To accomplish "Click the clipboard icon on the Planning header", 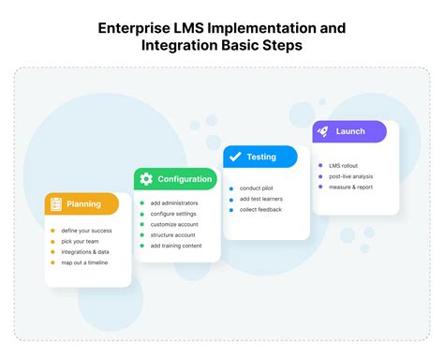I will click(x=55, y=203).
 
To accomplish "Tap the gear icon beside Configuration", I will click(x=145, y=179).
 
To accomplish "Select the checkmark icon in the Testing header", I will click(x=235, y=157).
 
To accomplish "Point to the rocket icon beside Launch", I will click(x=323, y=132).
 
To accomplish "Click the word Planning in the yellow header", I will click(x=84, y=203).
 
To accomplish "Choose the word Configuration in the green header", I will click(x=185, y=179).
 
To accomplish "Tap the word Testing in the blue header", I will click(x=261, y=157).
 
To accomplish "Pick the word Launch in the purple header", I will click(x=350, y=132).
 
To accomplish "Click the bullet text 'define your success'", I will click(x=86, y=231).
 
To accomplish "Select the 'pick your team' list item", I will click(x=81, y=241).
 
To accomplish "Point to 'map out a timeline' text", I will click(x=85, y=262).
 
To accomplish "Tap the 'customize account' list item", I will click(x=173, y=225).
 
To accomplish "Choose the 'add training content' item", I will click(x=176, y=246).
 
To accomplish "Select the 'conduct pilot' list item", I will click(x=257, y=187).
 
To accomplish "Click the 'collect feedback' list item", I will click(x=261, y=209).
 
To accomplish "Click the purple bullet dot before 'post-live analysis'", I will click(x=320, y=176).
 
